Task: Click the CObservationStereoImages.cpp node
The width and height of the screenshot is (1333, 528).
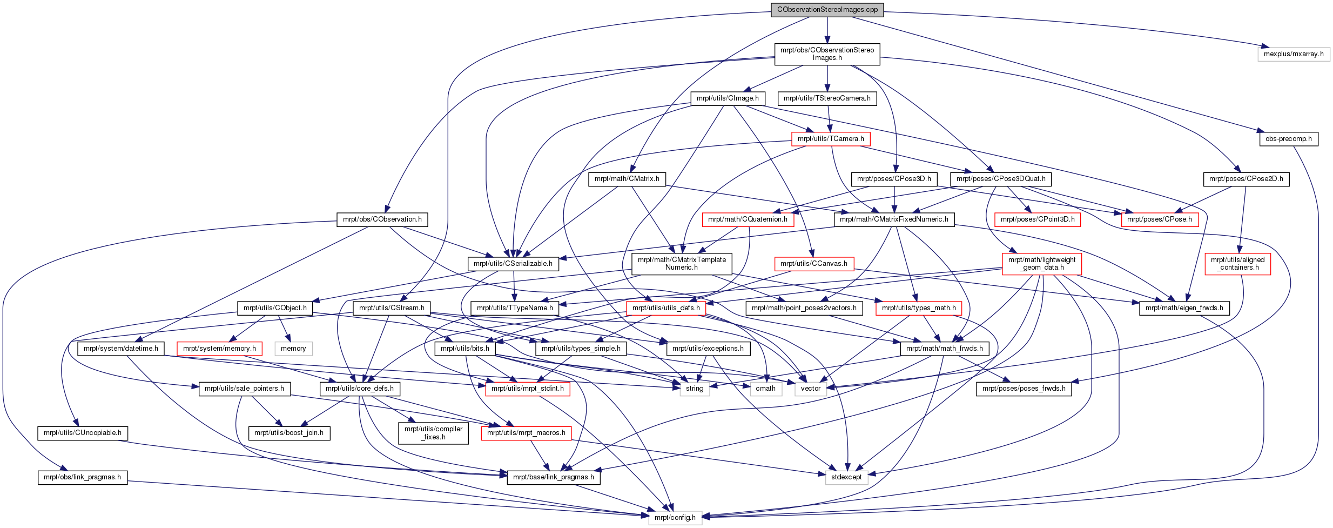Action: (827, 10)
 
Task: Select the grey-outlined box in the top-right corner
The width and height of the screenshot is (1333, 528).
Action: (1294, 55)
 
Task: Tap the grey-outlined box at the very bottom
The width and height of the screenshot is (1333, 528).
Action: (675, 518)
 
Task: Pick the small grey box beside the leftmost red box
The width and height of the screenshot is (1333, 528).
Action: (293, 349)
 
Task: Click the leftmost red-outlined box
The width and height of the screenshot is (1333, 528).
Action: (219, 349)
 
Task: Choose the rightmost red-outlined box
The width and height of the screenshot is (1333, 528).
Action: (1237, 264)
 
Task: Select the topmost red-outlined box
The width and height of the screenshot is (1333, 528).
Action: (831, 139)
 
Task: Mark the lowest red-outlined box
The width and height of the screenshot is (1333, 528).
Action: (526, 433)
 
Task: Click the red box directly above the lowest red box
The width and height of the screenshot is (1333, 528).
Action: (527, 389)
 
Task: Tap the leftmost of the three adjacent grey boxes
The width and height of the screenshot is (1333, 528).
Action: (695, 389)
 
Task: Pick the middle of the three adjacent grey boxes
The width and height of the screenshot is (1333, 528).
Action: (766, 389)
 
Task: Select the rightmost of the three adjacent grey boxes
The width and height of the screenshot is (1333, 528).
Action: (811, 389)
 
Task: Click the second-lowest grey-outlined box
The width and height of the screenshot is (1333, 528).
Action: (846, 478)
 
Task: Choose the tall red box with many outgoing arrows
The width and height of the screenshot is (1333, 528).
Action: (1042, 264)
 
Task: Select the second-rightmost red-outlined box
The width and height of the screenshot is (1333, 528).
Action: (1160, 219)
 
